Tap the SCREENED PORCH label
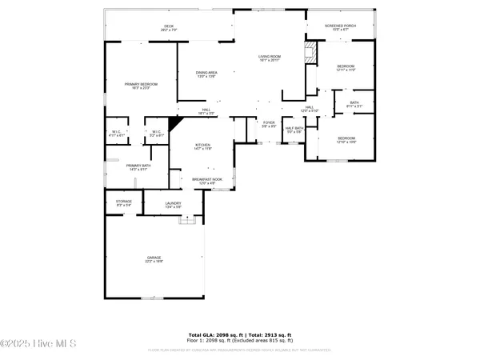click(339, 26)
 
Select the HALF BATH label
click(294, 130)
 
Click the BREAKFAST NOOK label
click(212, 181)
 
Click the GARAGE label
click(154, 259)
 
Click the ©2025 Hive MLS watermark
click(38, 345)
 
